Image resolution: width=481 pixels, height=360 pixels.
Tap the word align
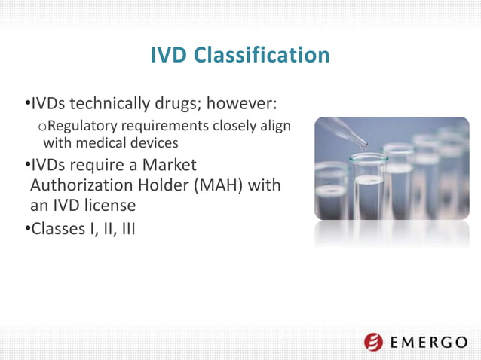[274, 125]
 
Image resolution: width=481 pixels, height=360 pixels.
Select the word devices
[154, 142]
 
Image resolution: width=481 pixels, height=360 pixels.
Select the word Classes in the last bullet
[60, 228]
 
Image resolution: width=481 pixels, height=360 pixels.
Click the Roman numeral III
[127, 228]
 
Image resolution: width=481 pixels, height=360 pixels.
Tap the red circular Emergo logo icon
[373, 343]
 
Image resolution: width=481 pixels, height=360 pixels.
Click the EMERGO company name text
[428, 343]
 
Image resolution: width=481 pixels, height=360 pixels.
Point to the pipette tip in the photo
[363, 145]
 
